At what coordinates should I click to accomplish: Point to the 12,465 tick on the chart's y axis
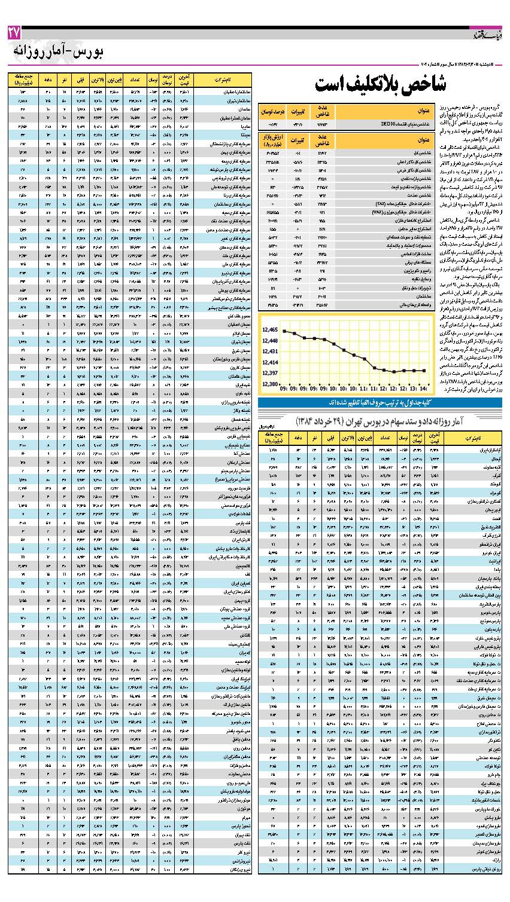point(270,329)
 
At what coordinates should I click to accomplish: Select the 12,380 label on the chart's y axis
point(270,384)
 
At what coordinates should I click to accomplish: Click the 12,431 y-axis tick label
point(270,351)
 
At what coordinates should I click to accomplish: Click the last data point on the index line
point(424,371)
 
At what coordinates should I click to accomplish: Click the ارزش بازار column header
point(273,140)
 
